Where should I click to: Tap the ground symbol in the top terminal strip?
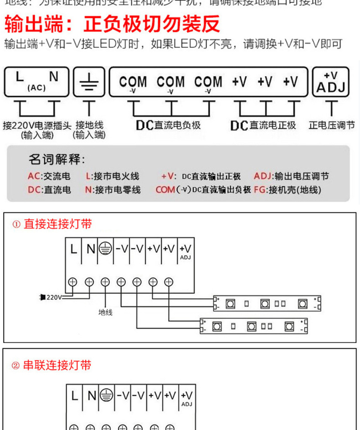[x=89, y=82]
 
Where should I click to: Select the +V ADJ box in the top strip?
[x=330, y=82]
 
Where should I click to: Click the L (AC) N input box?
[x=36, y=82]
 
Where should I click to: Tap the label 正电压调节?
[x=331, y=125]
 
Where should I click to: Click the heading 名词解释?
[x=57, y=160]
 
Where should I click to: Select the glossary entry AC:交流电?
[x=49, y=176]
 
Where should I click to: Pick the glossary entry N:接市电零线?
[x=113, y=190]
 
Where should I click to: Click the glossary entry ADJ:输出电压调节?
[x=291, y=176]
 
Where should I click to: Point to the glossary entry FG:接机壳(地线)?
[x=288, y=190]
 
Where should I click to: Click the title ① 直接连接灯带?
[x=52, y=224]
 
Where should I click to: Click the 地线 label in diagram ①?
[x=105, y=312]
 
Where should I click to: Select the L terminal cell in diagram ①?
[x=74, y=250]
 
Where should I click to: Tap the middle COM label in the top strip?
[x=170, y=82]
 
